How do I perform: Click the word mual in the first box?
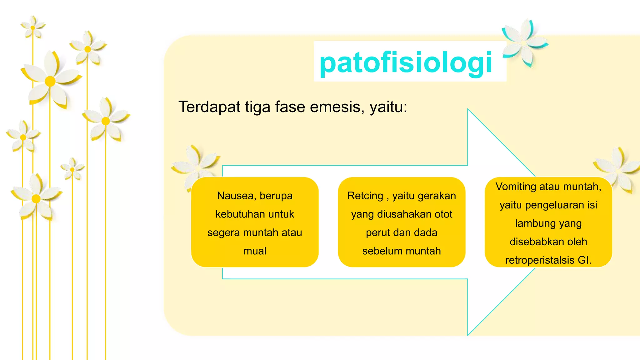(255, 251)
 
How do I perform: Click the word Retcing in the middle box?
(365, 196)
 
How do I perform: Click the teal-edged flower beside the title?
(525, 42)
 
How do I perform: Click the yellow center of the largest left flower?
(50, 81)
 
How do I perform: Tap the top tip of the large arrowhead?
(468, 109)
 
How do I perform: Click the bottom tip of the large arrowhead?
(468, 335)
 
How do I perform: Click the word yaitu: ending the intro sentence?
(388, 107)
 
